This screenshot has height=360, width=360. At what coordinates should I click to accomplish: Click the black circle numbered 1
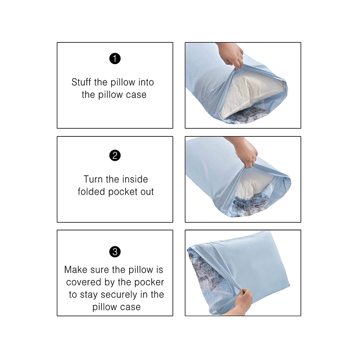[x=115, y=58]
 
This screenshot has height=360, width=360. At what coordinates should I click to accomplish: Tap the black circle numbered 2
[x=115, y=156]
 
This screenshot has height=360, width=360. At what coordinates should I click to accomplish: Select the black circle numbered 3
[x=115, y=252]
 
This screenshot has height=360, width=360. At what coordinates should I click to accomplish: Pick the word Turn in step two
[x=93, y=179]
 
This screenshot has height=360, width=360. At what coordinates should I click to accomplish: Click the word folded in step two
[x=91, y=192]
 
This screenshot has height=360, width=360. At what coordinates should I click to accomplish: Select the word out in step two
[x=147, y=192]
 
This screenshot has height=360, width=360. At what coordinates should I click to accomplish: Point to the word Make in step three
[x=74, y=270]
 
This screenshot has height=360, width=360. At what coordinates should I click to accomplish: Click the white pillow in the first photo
[x=250, y=94]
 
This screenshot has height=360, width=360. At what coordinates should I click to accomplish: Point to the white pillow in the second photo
[x=252, y=186]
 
